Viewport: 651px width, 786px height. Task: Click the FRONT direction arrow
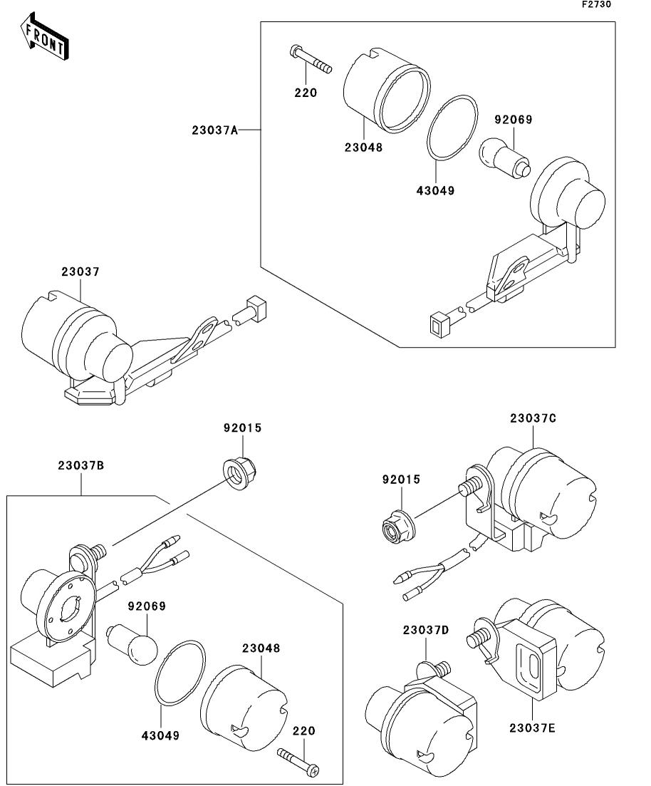click(45, 38)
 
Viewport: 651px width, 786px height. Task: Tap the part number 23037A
click(214, 130)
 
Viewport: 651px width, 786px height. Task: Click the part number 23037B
click(81, 465)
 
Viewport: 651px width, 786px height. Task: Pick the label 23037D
click(425, 630)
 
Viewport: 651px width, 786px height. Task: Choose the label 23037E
click(532, 728)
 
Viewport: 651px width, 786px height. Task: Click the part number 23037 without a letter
click(80, 272)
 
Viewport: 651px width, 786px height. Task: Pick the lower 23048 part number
click(260, 648)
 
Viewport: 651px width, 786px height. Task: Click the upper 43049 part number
click(437, 190)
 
